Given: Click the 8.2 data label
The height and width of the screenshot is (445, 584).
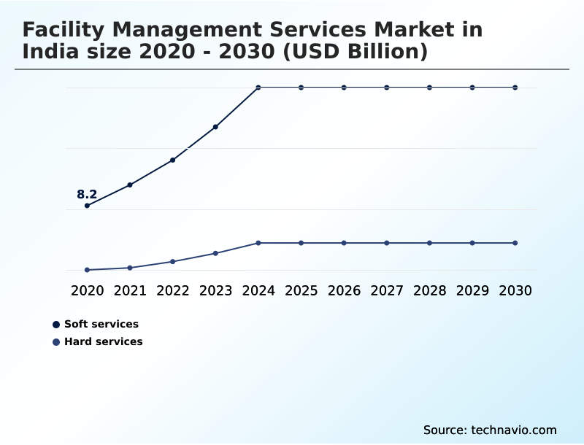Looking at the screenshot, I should coord(87,195).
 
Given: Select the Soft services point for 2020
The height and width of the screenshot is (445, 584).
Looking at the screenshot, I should coord(87,206).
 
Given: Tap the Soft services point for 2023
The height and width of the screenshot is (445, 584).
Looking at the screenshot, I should coord(215,127).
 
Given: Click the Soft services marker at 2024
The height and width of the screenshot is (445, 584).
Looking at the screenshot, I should coord(258,88).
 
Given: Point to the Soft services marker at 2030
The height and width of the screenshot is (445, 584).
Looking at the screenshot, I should coord(515,88).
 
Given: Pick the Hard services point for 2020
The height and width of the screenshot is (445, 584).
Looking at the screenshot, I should coord(87,270).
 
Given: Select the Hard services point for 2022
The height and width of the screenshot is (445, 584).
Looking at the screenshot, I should coord(173,261).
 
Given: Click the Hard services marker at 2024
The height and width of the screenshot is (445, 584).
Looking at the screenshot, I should coord(258,243).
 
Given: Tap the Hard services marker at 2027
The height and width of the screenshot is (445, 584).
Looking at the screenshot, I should coord(387,243).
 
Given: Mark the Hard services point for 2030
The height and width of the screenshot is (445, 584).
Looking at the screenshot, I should coord(515,243).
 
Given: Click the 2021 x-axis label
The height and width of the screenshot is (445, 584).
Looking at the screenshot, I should coord(130,291).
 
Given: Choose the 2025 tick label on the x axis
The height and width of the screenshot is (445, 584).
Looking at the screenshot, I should coord(301,291).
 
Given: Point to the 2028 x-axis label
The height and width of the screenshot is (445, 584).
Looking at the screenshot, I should coord(429,291).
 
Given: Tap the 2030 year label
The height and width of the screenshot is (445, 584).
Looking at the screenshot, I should coord(515,291).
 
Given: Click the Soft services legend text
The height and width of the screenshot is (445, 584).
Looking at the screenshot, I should coord(101,324).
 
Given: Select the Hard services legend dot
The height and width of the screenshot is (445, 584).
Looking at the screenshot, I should coord(56,342).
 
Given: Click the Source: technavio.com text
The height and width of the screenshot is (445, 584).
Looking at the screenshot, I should coord(490,430).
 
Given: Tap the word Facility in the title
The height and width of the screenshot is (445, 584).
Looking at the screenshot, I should coord(63,30).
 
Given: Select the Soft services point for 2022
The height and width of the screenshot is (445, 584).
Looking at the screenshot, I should coord(173,160).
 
